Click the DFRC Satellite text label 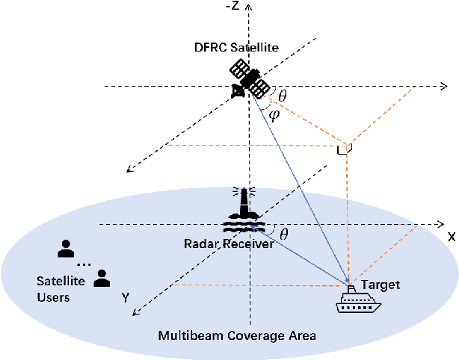tap(237, 48)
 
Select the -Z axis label tap(232, 7)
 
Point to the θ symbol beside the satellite tap(282, 96)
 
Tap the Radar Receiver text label tap(218, 243)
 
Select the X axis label tap(451, 236)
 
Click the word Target tap(380, 285)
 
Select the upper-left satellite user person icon tap(67, 248)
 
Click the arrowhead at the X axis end tap(439, 223)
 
